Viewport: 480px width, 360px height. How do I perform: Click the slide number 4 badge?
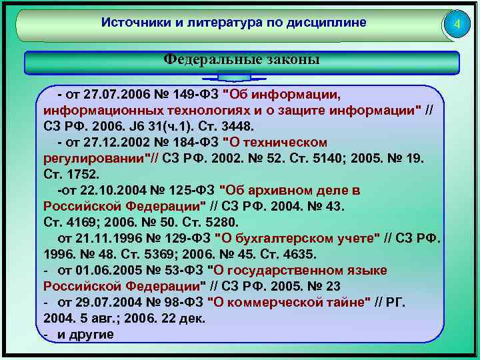pyautogui.click(x=457, y=25)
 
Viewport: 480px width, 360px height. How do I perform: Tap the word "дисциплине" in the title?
pyautogui.click(x=327, y=23)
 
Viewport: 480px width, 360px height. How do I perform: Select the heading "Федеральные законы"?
pyautogui.click(x=241, y=59)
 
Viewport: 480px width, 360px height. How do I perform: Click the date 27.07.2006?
pyautogui.click(x=117, y=95)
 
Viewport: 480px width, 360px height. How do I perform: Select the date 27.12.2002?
pyautogui.click(x=117, y=142)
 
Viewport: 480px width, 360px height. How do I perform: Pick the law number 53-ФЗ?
pyautogui.click(x=179, y=271)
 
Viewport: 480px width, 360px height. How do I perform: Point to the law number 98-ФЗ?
pyautogui.click(x=179, y=303)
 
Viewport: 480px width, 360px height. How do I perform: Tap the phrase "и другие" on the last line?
pyautogui.click(x=85, y=335)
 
